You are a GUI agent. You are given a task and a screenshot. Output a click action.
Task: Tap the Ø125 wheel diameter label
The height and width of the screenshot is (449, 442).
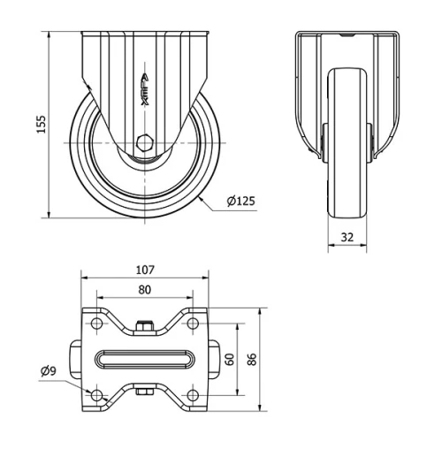click(240, 202)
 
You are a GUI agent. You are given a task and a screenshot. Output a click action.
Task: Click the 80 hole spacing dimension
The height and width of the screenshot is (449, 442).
click(145, 289)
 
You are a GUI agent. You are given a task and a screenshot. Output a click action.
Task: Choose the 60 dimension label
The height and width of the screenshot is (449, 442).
click(229, 360)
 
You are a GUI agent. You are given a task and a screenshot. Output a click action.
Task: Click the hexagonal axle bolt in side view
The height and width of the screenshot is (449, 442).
click(145, 142)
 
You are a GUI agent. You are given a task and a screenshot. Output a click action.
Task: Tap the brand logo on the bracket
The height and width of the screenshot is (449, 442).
click(146, 88)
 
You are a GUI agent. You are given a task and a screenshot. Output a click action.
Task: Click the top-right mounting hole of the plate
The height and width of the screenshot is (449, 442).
click(193, 326)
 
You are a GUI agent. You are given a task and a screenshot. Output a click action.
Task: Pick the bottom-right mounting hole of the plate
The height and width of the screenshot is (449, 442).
click(193, 393)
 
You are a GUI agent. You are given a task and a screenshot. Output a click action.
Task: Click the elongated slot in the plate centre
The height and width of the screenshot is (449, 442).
click(145, 360)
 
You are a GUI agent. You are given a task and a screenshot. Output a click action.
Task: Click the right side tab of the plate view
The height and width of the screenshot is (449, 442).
click(213, 360)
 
